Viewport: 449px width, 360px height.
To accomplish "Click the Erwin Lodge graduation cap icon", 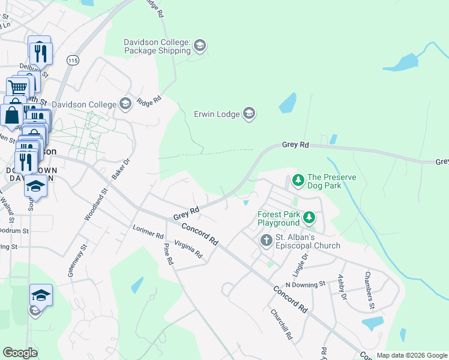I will click(x=249, y=113).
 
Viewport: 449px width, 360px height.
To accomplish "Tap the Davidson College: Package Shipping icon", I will click(x=200, y=46).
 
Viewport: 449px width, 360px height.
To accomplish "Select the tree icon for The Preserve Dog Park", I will click(x=298, y=179).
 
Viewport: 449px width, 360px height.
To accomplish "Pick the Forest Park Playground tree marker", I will click(x=309, y=217).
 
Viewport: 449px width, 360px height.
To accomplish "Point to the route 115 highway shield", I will click(x=73, y=61).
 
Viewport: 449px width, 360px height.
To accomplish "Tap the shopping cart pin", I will click(x=18, y=88).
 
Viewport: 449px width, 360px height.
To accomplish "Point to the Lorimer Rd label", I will click(x=148, y=233).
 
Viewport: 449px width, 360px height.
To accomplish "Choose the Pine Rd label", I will click(x=168, y=253).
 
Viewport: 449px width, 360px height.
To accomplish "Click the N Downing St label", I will click(x=305, y=284).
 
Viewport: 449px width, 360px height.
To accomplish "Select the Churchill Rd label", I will click(x=281, y=325).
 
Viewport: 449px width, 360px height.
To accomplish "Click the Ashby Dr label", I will click(x=342, y=287).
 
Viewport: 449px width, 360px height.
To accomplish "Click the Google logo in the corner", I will click(x=20, y=353).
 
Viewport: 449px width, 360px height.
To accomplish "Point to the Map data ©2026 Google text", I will click(x=411, y=355).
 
